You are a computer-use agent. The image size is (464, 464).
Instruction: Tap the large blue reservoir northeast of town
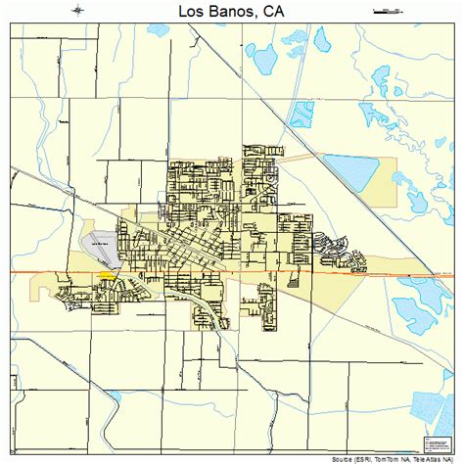pos(351,171)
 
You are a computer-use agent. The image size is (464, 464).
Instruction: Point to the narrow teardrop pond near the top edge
pos(322,38)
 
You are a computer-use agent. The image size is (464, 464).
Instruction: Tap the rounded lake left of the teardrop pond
pos(291,46)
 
